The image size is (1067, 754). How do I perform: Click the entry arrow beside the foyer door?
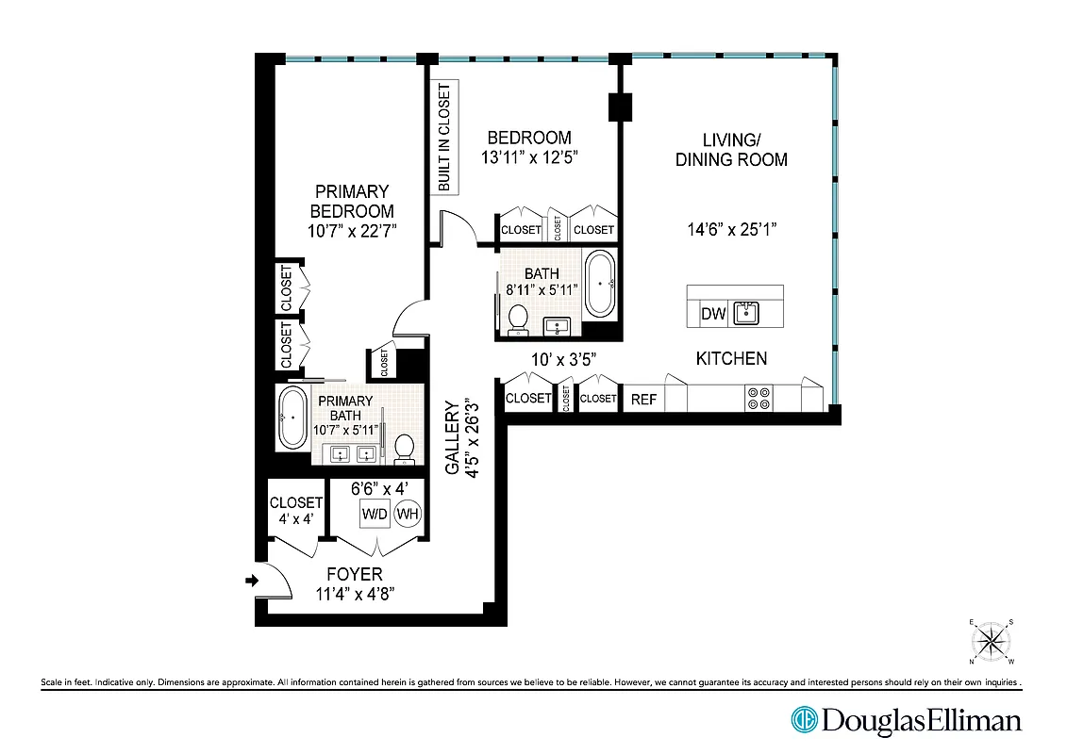[250, 581]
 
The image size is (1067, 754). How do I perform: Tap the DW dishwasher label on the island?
[713, 314]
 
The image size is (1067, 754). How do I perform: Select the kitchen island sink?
[746, 313]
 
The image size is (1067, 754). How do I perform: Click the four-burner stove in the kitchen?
[759, 398]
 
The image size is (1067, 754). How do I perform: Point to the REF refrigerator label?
[643, 400]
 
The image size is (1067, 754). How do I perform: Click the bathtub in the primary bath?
[292, 417]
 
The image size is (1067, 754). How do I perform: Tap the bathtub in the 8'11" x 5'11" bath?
[601, 283]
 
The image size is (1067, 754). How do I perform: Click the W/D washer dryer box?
[374, 515]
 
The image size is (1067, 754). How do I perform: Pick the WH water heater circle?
[408, 515]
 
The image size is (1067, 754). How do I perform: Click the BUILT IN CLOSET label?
[444, 138]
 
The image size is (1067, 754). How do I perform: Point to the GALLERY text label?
[452, 438]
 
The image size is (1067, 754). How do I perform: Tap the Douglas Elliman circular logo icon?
[804, 720]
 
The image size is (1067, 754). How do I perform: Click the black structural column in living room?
[620, 107]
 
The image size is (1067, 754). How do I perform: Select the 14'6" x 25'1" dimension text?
[732, 228]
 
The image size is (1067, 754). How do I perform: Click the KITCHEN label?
[731, 358]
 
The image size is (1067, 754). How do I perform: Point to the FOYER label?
[354, 574]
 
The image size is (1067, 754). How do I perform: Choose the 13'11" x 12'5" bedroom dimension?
[530, 157]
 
